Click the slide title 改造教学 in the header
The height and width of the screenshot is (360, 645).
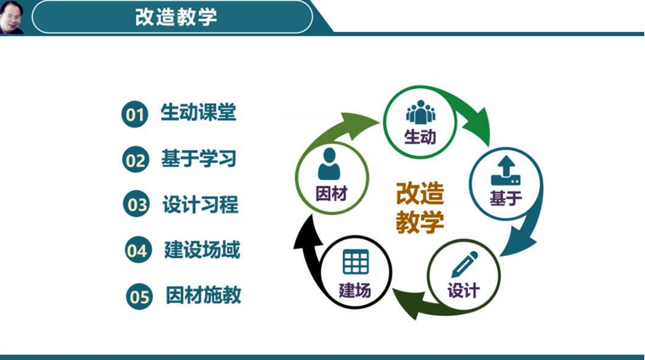coord(175,17)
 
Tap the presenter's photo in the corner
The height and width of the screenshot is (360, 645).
coord(11,17)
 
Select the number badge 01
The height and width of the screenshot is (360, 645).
coord(135,114)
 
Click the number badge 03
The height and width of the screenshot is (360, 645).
coord(136,204)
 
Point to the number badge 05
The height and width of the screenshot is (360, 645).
coord(139,296)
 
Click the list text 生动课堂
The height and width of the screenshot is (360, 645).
coord(198,112)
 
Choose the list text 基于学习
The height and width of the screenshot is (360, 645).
coord(199,159)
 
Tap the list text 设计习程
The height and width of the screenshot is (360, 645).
coord(201,204)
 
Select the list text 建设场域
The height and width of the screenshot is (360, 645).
coord(202,250)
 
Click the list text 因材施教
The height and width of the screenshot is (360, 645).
coord(204,295)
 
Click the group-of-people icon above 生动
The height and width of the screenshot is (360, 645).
coord(421,112)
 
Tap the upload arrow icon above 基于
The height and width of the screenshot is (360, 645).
coord(506,170)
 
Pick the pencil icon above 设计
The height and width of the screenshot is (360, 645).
coord(465,264)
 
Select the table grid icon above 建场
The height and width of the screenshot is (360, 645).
coord(355,262)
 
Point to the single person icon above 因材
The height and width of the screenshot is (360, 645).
coord(329,164)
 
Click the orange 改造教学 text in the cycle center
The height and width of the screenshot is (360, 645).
coord(420,208)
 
